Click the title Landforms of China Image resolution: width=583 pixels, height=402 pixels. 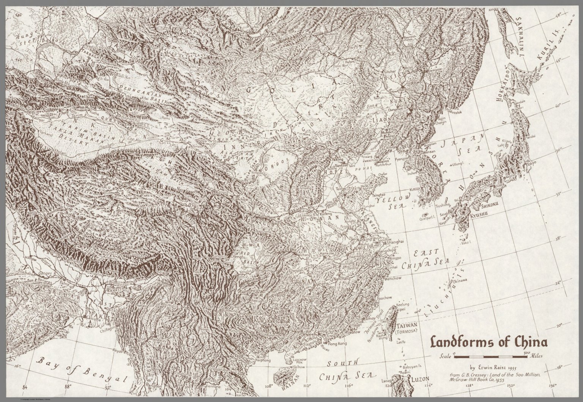pos(489,342)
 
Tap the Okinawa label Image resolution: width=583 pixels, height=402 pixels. pos(459,280)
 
